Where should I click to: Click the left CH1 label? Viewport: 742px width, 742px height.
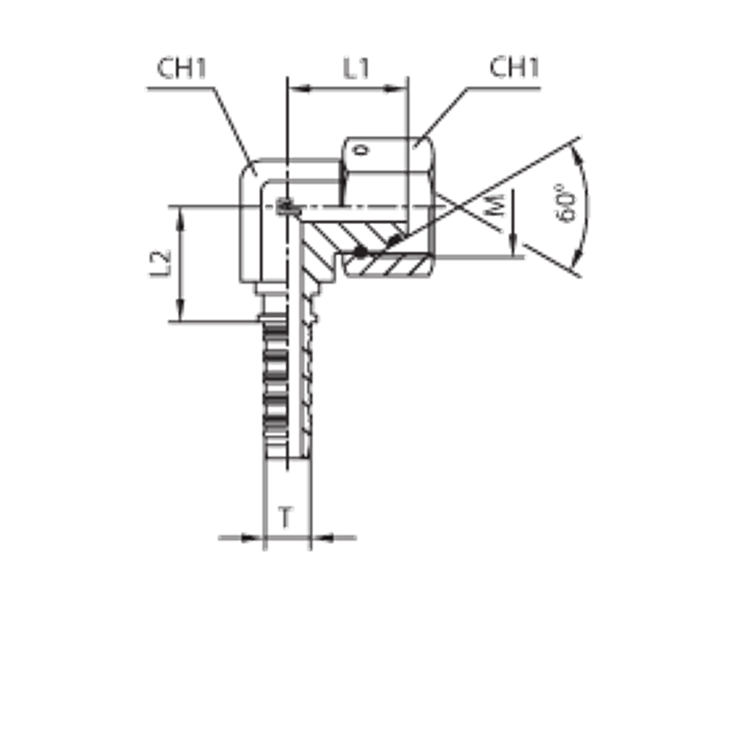pyautogui.click(x=181, y=70)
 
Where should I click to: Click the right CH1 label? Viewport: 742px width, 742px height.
pyautogui.click(x=514, y=70)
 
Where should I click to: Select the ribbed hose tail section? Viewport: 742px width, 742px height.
pyautogui.click(x=275, y=386)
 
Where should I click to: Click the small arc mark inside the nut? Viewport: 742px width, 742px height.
pyautogui.click(x=359, y=153)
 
